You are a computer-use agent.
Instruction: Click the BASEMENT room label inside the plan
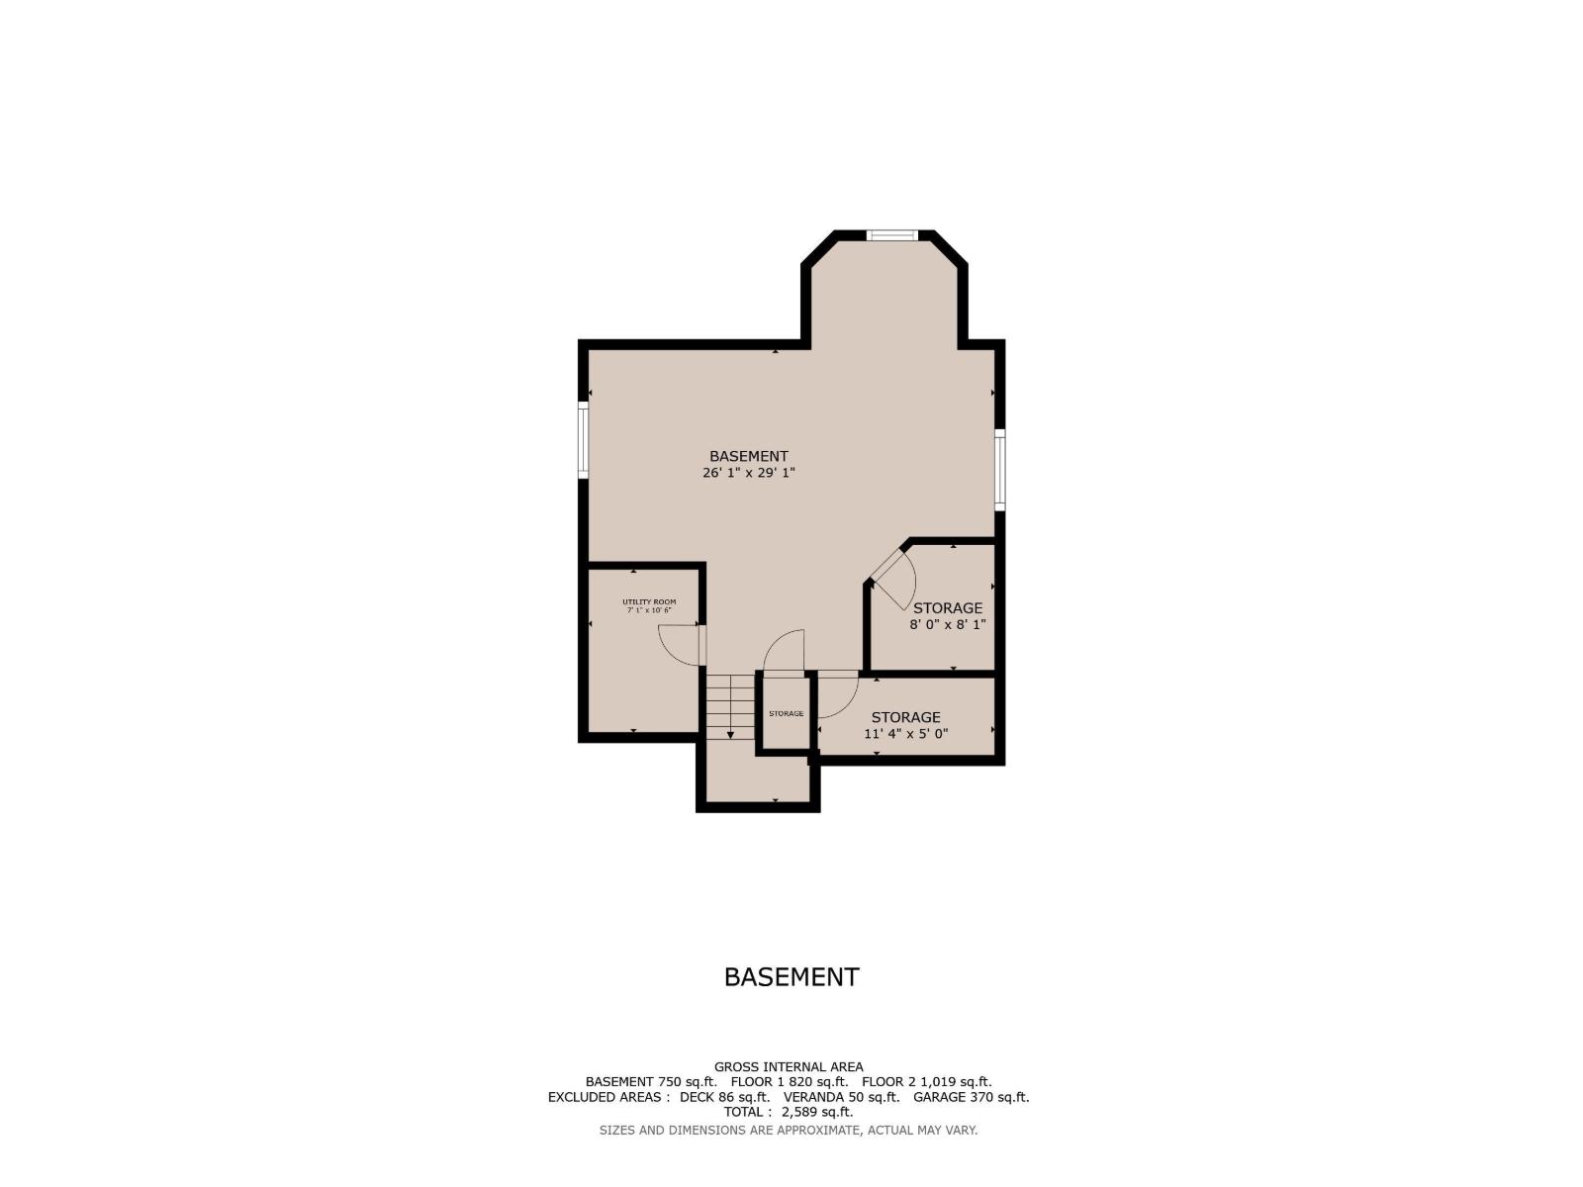[749, 456]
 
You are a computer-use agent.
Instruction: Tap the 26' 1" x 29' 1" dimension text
[749, 473]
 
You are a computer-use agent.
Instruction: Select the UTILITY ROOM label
[649, 601]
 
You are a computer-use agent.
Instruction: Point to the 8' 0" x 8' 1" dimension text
[948, 624]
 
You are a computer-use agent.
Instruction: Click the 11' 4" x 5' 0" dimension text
[906, 734]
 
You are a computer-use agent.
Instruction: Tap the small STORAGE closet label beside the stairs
[787, 713]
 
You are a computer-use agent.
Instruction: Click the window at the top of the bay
[892, 235]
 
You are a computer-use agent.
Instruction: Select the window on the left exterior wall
[584, 439]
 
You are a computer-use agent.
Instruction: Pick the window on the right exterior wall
[999, 470]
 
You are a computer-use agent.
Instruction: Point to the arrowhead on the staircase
[730, 734]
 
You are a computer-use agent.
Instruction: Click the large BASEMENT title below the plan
[791, 977]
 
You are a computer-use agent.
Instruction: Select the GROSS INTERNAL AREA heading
[789, 1066]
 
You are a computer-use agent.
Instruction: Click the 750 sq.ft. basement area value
[687, 1082]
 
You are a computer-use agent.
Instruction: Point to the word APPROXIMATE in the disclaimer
[818, 1130]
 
